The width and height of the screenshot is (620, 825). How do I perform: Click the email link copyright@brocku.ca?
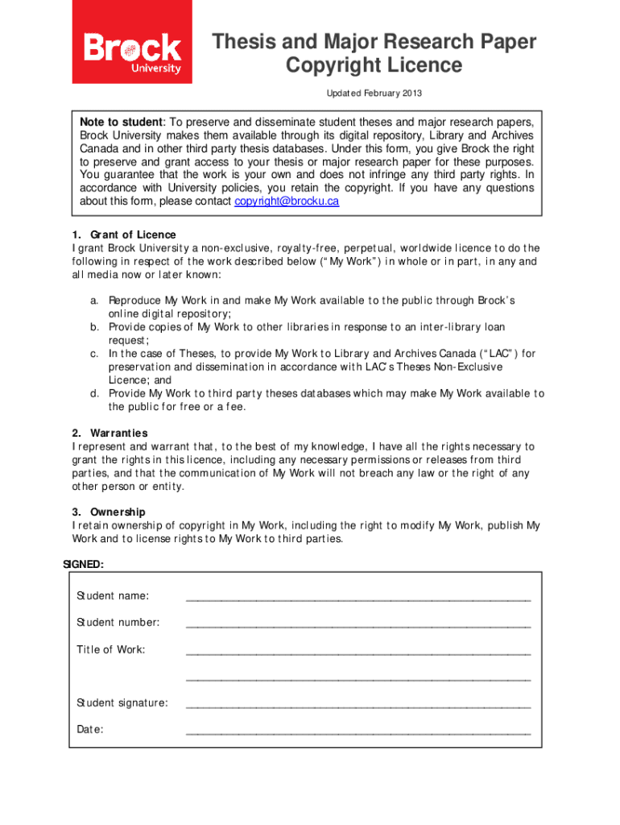(x=287, y=201)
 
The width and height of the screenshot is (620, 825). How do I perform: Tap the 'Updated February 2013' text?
(x=374, y=93)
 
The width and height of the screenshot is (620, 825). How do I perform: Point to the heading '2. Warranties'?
(x=110, y=433)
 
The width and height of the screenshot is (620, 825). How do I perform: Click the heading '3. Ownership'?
(x=109, y=512)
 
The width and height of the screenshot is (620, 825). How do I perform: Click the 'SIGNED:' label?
(x=84, y=565)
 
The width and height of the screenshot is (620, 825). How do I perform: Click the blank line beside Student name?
(x=358, y=599)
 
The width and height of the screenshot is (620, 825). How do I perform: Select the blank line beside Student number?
(x=358, y=625)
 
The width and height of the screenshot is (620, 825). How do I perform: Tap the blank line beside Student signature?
(x=358, y=706)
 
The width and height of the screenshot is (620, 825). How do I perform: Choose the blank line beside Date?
(x=358, y=732)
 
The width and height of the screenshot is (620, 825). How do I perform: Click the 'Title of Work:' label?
(x=111, y=649)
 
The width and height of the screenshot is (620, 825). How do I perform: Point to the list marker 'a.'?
(x=94, y=301)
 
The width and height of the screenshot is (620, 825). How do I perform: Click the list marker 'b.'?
(x=94, y=327)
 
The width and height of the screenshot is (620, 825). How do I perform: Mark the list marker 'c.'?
(x=94, y=354)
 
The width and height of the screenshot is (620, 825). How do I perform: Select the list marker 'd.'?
(x=94, y=393)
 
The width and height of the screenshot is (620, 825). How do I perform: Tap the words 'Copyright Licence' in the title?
(x=374, y=65)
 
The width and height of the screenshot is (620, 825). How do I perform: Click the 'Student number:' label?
(x=118, y=623)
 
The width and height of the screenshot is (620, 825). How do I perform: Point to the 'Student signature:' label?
(x=122, y=703)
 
